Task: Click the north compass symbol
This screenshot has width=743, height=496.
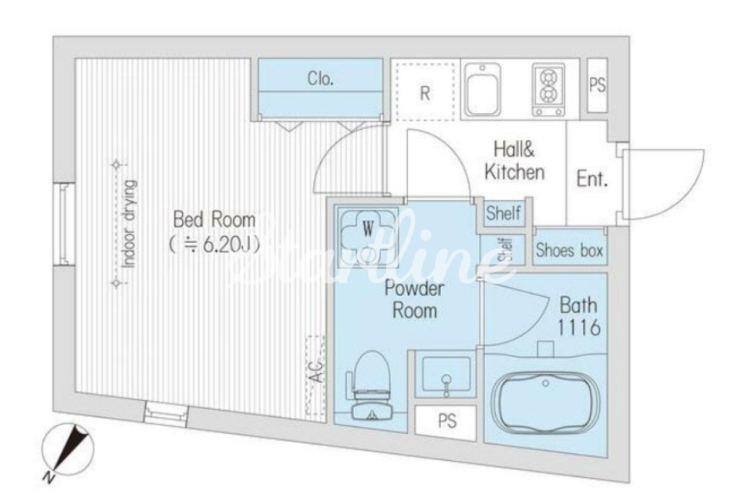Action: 67,450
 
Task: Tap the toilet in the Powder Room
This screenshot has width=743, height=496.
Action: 370,386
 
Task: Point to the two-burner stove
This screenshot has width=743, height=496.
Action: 548,90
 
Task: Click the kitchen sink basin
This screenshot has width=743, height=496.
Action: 482,90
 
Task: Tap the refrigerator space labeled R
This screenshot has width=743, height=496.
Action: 425,93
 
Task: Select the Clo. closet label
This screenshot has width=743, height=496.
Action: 320,78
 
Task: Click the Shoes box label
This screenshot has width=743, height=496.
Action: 569,249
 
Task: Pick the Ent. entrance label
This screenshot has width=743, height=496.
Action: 592,179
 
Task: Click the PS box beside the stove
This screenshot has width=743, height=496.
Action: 598,85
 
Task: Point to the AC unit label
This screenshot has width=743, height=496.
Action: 316,371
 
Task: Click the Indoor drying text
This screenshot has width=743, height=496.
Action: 129,223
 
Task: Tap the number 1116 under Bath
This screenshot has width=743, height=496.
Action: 579,327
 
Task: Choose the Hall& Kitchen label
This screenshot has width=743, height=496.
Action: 514,161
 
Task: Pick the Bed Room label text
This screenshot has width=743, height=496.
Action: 214,220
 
